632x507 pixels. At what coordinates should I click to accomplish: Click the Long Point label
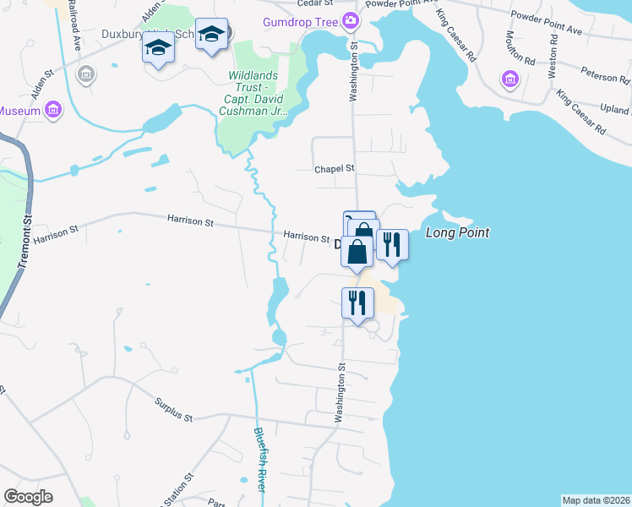click(457, 232)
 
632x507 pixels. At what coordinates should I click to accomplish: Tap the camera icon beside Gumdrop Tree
click(351, 19)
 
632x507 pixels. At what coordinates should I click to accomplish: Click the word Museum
click(19, 110)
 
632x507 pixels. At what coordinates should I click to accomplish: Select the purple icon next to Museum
click(53, 110)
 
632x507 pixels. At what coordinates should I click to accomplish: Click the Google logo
click(28, 497)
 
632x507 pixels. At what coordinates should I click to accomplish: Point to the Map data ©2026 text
click(596, 500)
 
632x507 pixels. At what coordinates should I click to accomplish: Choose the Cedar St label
click(300, 3)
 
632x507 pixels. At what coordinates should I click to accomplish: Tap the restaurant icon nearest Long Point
click(392, 245)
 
